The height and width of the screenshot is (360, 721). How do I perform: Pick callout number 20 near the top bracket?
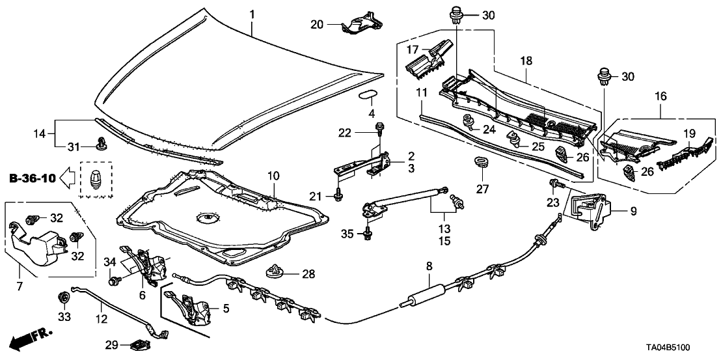[317, 25]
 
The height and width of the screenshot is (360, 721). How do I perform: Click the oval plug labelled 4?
[368, 97]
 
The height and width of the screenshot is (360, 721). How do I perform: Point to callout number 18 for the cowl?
[525, 61]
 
